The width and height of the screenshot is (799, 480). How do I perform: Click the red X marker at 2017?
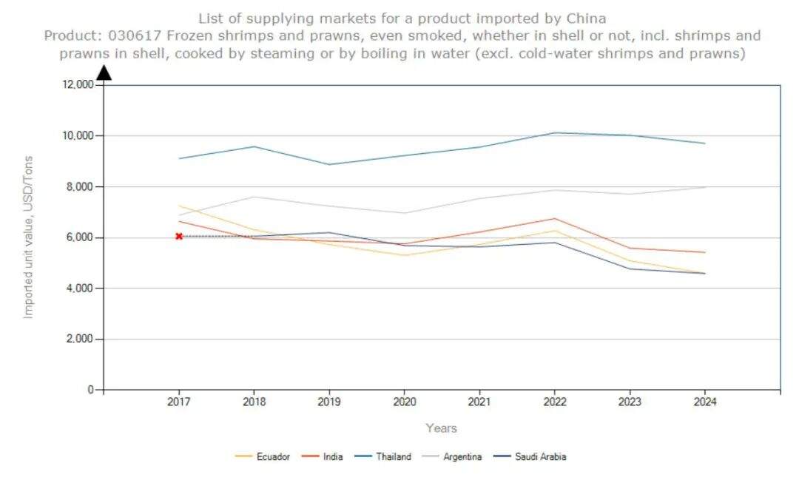point(179,236)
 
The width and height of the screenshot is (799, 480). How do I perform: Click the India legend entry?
point(332,456)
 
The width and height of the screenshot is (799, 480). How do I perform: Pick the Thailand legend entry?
point(393,456)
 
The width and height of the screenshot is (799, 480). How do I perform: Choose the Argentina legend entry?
point(462,456)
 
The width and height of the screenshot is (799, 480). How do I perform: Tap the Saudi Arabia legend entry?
point(540,456)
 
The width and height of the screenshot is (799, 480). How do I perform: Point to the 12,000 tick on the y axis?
point(76,85)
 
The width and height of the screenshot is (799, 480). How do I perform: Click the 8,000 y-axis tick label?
point(78,186)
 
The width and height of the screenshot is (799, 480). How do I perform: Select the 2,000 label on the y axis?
point(78,339)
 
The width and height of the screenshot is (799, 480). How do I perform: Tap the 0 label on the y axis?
point(90,390)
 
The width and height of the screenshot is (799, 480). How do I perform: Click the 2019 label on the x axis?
point(329,402)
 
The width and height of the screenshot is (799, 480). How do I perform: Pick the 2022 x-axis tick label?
point(555,402)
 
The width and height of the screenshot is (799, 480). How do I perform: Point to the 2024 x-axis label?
point(704,402)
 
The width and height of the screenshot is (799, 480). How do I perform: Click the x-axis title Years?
point(441,428)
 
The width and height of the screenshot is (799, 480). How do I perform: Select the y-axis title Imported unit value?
point(29,237)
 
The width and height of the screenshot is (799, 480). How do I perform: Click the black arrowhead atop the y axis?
point(104,72)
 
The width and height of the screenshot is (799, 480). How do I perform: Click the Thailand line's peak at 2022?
point(555,133)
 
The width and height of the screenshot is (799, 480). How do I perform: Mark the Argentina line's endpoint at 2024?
point(704,187)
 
